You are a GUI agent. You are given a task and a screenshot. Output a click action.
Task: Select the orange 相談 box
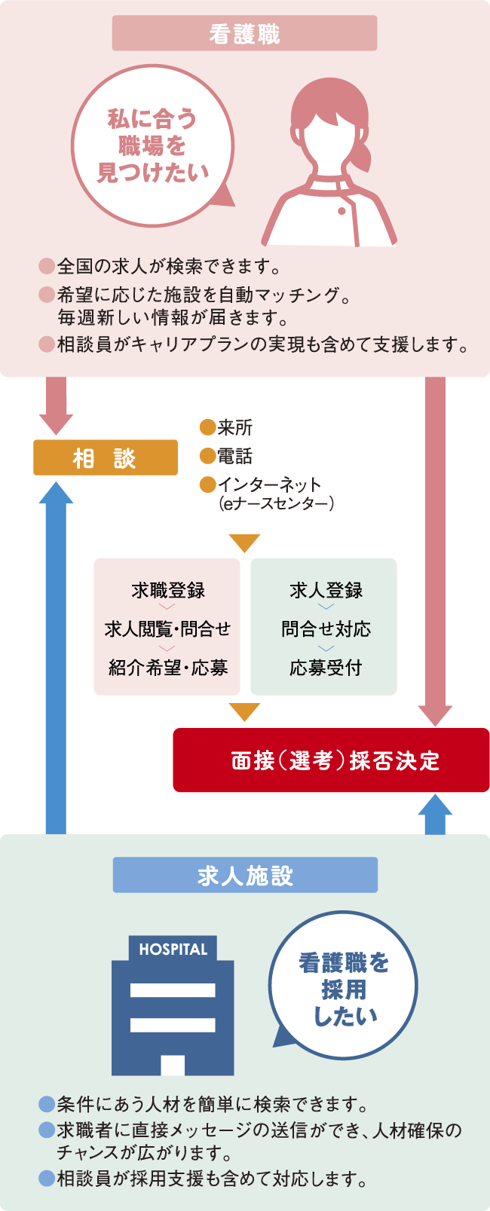[106, 457]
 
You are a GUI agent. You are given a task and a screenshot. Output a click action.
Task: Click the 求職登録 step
[167, 591]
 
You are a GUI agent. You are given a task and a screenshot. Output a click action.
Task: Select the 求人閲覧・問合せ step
[167, 629]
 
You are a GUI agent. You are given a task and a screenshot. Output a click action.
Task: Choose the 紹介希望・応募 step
[167, 668]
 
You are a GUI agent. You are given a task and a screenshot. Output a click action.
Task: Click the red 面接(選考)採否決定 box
[332, 760]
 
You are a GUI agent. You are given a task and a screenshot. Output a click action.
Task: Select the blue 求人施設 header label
[245, 875]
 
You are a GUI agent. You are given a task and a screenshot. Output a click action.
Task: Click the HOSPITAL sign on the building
[173, 950]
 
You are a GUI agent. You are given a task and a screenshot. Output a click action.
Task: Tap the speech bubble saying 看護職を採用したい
[344, 988]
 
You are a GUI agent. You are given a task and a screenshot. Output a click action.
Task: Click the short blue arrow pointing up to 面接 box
[435, 815]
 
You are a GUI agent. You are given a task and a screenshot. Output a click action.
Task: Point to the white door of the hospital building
[173, 1065]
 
